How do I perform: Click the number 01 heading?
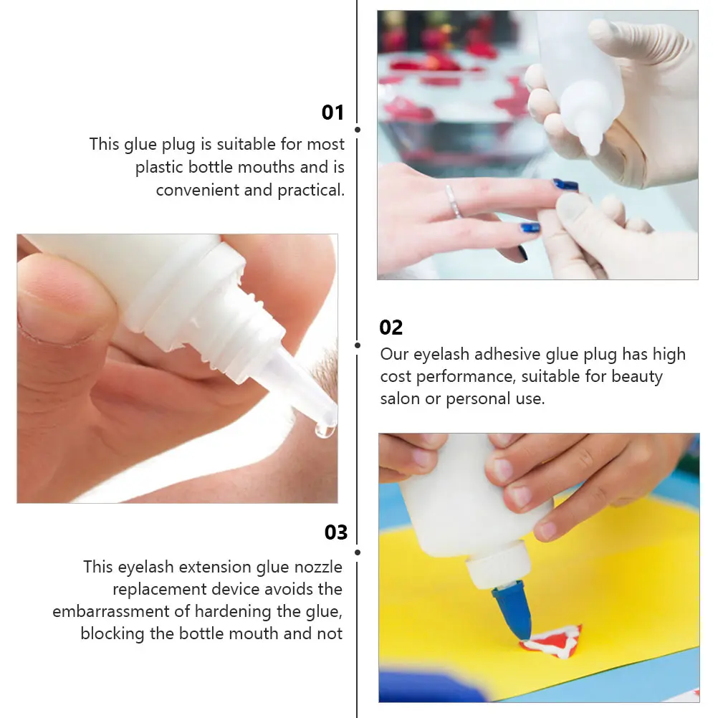point(332,113)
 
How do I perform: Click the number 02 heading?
point(391,327)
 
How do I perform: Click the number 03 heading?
point(335,532)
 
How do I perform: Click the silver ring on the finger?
point(452,201)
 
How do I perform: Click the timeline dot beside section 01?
point(358,130)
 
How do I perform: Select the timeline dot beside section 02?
point(358,345)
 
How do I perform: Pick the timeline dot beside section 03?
point(358,552)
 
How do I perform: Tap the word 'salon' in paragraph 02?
point(400,398)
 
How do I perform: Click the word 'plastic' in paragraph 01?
point(159,167)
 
